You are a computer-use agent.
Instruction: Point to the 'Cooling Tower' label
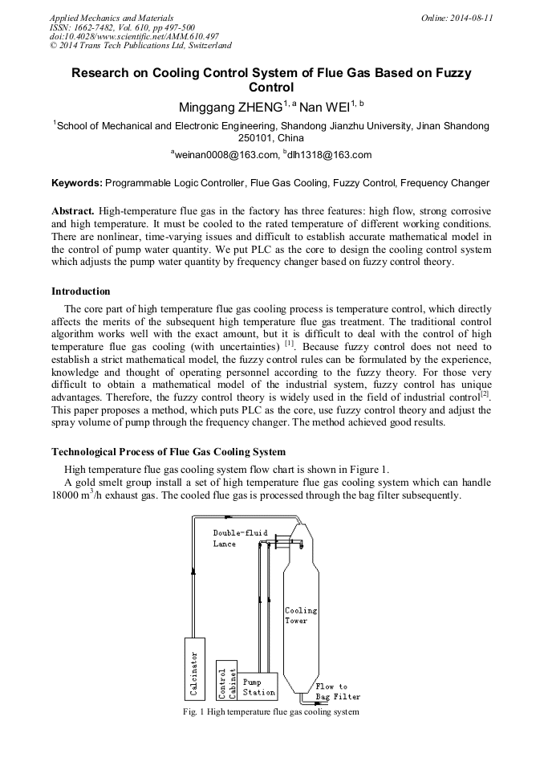pos(301,615)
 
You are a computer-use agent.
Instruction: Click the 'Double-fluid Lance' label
pos(239,538)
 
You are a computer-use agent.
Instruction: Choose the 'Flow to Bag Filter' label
pos(337,691)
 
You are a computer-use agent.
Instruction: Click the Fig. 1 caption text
pos(271,712)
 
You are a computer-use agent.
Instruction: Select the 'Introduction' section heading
pos(81,291)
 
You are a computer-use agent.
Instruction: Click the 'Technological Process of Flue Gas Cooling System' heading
pos(168,452)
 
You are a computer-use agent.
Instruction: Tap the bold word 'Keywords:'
pos(77,183)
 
